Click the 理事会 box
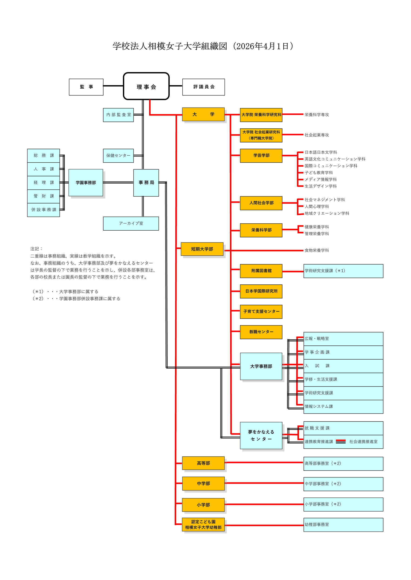[146, 86]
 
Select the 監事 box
[86, 87]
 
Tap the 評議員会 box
[203, 87]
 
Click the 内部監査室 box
[118, 115]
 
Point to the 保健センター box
[118, 156]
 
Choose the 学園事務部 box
[86, 183]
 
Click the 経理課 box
[43, 183]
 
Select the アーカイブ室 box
[131, 224]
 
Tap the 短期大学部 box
[202, 249]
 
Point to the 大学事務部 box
[261, 366]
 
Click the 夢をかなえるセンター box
[261, 435]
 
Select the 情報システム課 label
[319, 406]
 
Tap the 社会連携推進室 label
[363, 441]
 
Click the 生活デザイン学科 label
[320, 186]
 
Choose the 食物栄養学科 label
[317, 250]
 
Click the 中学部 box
[203, 483]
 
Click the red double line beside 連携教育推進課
[341, 441]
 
